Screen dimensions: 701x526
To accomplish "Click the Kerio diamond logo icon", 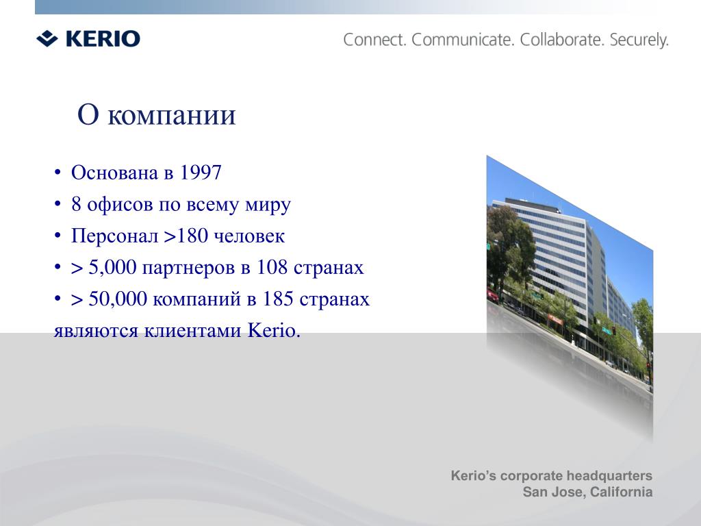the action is pos(47,38).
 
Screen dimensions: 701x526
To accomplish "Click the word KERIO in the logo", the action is pos(103,38).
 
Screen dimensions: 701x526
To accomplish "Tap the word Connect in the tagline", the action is pos(374,40).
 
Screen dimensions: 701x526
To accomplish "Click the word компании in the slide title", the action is pos(172,115).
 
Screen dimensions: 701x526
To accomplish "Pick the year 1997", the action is pos(201,173).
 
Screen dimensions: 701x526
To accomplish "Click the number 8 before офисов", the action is pos(76,204).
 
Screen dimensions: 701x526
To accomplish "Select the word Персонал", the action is pos(115,236).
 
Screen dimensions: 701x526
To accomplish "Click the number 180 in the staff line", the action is pos(192,236).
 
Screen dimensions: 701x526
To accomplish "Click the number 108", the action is pos(272,268).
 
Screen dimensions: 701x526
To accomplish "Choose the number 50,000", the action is pos(118,299).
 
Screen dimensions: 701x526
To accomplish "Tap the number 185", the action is pos(278,299).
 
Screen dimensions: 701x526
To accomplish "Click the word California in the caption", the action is pos(621,492).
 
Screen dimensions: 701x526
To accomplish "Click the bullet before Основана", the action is pos(58,173).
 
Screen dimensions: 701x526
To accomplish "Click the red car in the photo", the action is pos(492,295).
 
